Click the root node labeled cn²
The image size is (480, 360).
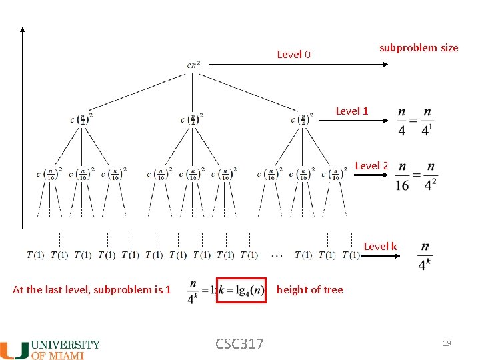193,65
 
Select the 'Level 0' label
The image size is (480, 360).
293,54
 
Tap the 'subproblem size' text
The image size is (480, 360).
419,47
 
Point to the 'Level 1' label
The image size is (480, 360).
351,111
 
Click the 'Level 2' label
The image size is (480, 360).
371,165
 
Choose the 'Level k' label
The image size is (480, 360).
380,246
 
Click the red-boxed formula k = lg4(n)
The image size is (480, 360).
241,291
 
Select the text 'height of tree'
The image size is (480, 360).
309,289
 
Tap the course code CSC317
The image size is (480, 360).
239,344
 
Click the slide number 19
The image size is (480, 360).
447,343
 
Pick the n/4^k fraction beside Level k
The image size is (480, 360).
424,257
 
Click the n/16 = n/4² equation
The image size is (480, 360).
416,175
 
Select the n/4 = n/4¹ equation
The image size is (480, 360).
414,121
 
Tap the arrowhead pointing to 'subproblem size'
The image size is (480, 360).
386,64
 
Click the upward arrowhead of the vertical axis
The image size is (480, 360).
22,31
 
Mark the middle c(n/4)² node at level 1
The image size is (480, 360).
192,119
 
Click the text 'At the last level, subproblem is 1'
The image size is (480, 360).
92,289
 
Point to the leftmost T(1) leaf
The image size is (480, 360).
36,255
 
